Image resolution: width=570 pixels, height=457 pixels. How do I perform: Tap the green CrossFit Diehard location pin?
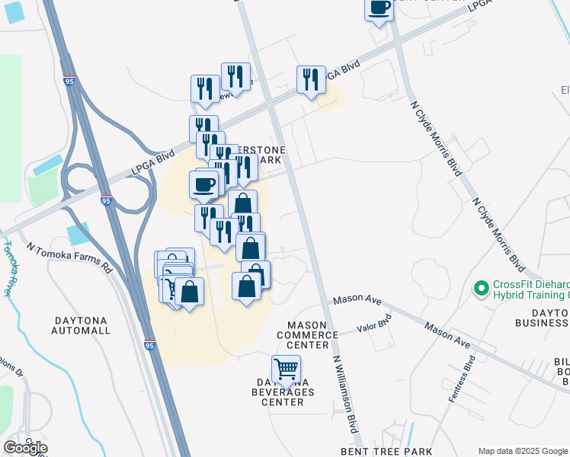click(x=481, y=289)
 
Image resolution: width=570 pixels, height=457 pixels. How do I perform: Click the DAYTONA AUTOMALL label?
click(x=82, y=325)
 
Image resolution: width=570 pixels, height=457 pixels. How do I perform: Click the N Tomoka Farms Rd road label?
click(x=69, y=258)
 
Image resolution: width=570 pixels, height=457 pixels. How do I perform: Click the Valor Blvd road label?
click(x=374, y=325)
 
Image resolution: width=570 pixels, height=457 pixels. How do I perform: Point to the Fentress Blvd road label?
click(x=462, y=379)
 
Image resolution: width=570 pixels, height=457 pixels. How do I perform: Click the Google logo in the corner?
click(x=25, y=448)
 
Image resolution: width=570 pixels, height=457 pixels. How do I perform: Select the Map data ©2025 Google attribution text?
click(x=523, y=451)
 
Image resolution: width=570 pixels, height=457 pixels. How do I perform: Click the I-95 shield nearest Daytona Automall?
click(x=149, y=345)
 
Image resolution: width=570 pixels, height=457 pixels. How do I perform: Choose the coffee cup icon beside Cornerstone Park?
click(x=203, y=184)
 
